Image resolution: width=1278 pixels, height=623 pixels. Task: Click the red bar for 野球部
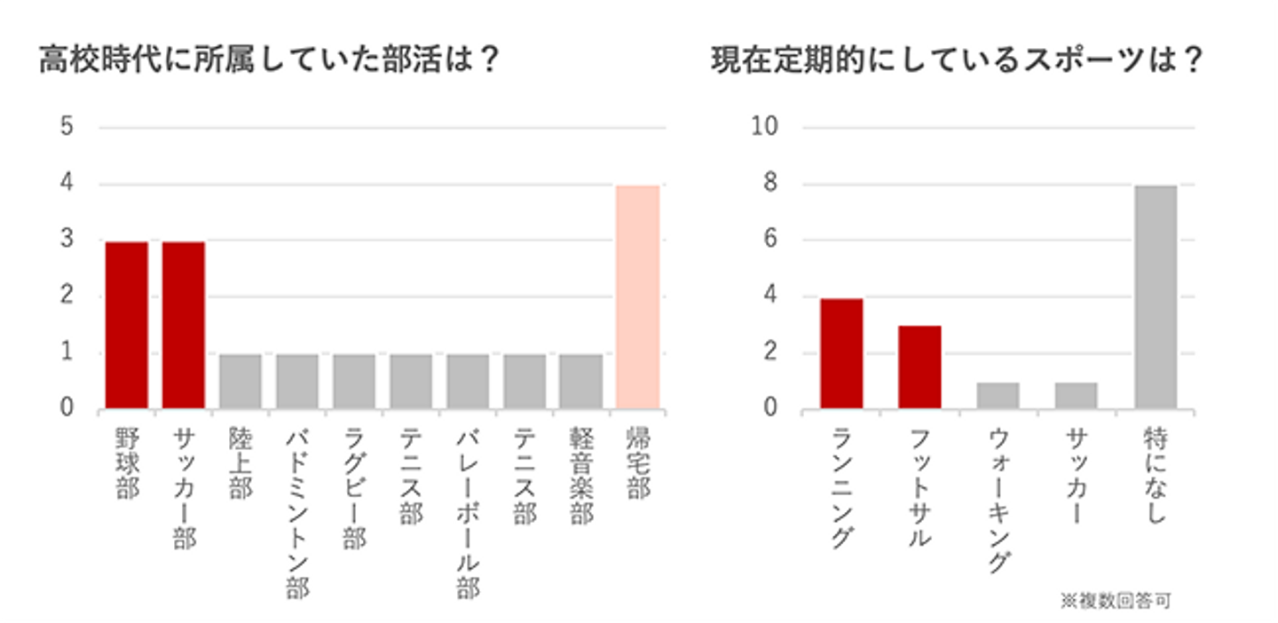127,325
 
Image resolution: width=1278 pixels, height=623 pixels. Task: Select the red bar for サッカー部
184,325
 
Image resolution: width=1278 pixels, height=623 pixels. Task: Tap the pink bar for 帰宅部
638,297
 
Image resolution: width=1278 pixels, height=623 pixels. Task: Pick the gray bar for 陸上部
241,382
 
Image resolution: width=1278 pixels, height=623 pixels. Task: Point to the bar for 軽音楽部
581,382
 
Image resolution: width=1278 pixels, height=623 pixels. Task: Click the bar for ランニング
841,353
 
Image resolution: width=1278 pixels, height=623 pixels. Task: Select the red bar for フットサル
919,367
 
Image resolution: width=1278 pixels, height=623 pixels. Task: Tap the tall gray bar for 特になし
1155,297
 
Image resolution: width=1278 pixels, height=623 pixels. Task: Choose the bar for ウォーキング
998,396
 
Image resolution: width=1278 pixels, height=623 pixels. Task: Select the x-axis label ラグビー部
354,487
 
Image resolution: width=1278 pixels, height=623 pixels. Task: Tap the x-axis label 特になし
1155,475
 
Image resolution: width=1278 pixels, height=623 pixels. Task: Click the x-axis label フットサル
919,487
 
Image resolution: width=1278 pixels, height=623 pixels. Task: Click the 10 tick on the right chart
763,128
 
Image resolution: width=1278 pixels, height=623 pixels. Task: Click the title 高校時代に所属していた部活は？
270,62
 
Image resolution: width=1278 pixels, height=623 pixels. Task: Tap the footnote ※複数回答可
1116,602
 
